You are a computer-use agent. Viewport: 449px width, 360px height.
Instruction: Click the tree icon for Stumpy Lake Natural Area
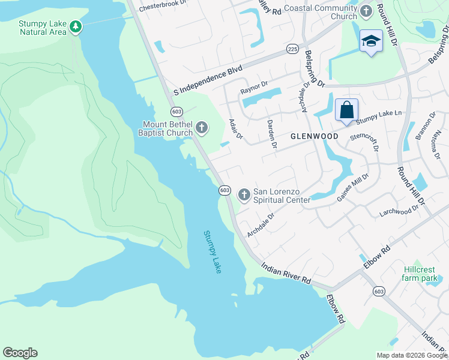pyautogui.click(x=75, y=26)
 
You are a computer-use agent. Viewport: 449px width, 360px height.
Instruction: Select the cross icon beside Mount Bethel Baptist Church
pyautogui.click(x=202, y=127)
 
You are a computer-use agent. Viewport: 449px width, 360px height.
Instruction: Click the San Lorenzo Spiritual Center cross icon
pyautogui.click(x=244, y=194)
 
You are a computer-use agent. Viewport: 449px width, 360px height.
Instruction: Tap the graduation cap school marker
pyautogui.click(x=371, y=41)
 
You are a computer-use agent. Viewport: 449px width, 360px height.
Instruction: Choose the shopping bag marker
pyautogui.click(x=346, y=110)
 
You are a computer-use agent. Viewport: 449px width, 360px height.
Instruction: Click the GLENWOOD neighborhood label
pyautogui.click(x=314, y=136)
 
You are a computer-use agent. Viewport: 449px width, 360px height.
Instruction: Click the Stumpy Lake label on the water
pyautogui.click(x=212, y=252)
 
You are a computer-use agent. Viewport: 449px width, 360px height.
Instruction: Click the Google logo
pyautogui.click(x=20, y=353)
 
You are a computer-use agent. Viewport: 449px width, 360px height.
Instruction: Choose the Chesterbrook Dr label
pyautogui.click(x=162, y=7)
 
